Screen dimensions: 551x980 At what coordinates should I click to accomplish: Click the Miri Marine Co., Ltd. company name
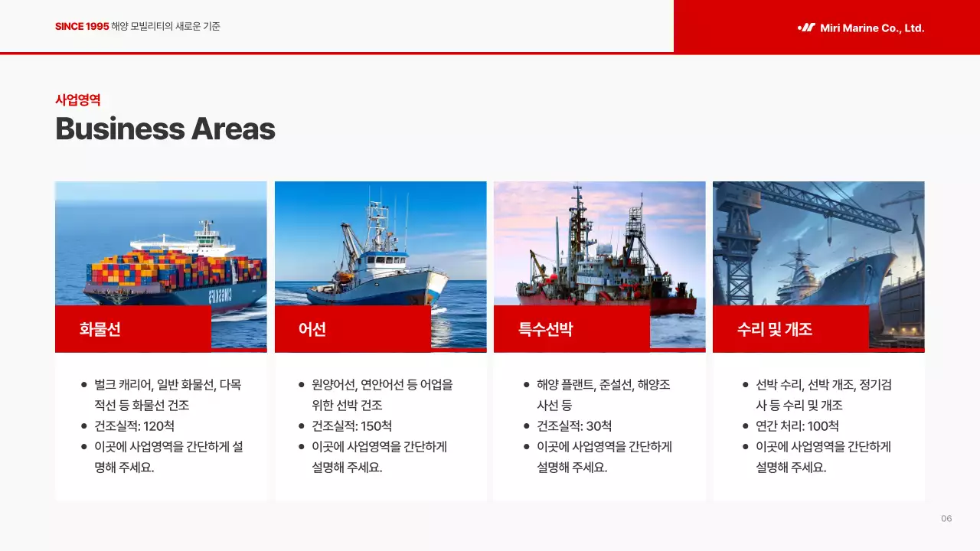point(872,28)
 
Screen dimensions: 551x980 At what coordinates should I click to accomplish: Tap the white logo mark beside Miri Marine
point(806,28)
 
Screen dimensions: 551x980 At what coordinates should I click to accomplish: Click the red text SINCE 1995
point(82,27)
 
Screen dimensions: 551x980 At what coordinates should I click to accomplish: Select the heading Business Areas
point(165,129)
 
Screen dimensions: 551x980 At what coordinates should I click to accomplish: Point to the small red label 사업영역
point(78,99)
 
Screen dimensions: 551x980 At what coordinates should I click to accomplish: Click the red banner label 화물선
point(100,329)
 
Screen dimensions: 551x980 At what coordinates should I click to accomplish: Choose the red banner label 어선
point(312,329)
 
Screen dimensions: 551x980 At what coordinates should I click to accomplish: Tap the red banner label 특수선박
point(545,329)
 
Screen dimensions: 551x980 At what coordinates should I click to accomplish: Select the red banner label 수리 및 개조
point(774,329)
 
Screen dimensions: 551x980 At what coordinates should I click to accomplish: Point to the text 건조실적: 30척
point(574,426)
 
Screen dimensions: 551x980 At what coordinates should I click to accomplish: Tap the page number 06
point(946,519)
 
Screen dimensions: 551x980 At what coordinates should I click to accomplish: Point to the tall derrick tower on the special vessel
point(634,230)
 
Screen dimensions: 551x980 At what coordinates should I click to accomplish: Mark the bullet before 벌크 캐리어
point(84,385)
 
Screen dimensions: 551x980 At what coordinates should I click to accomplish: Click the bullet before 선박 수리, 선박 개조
point(746,385)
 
